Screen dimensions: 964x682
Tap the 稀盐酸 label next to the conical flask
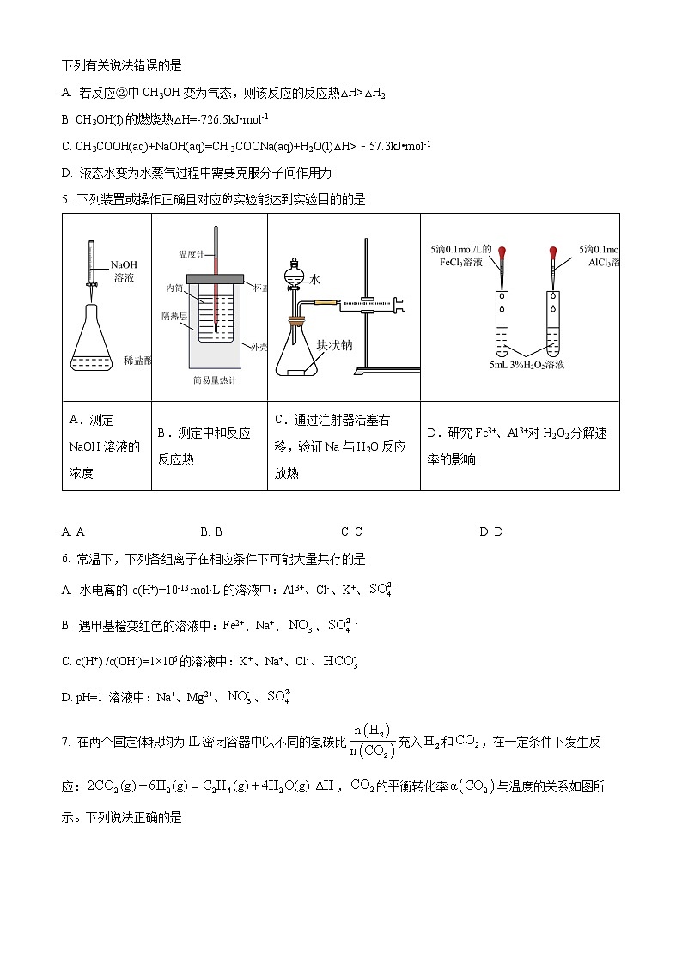(137, 361)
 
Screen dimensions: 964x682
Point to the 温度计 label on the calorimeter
(190, 254)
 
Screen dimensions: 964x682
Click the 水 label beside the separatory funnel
(315, 280)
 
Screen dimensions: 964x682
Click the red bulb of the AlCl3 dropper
(554, 253)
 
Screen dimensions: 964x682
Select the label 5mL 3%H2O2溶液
(527, 364)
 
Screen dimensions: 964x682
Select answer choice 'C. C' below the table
(351, 532)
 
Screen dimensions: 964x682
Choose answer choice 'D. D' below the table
(490, 532)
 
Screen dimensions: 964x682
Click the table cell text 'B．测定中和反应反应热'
(204, 446)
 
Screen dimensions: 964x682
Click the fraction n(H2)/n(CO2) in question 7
(374, 742)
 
